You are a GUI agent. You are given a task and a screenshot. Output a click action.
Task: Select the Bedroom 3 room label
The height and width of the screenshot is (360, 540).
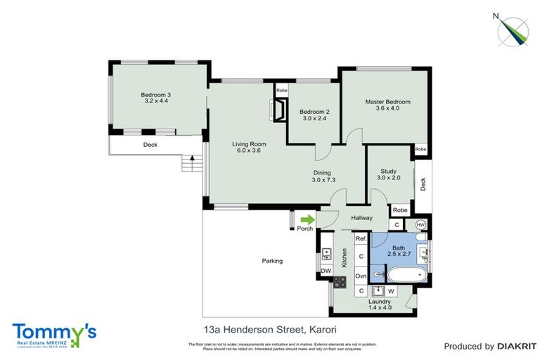[x=155, y=98]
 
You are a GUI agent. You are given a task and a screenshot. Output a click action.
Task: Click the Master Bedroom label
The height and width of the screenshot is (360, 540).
[x=387, y=105]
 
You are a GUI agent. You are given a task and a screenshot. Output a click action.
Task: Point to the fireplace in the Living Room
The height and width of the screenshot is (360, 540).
[x=278, y=110]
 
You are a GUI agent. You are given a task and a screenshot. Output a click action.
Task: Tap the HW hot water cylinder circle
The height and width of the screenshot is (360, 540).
[x=420, y=225]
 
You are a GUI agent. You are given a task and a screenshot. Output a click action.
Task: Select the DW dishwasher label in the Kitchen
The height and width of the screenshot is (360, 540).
[x=326, y=270]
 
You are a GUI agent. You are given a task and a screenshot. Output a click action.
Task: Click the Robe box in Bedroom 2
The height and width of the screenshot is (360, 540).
[x=281, y=91]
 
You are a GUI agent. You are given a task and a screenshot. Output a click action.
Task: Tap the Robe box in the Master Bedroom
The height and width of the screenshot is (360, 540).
[x=420, y=150]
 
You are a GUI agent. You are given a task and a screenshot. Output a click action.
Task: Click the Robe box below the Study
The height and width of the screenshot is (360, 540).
[x=399, y=210]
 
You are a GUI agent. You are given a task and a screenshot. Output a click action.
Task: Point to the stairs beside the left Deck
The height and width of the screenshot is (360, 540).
[x=188, y=164]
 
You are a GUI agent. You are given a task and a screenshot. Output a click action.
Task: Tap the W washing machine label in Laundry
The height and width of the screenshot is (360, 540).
[x=390, y=290]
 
